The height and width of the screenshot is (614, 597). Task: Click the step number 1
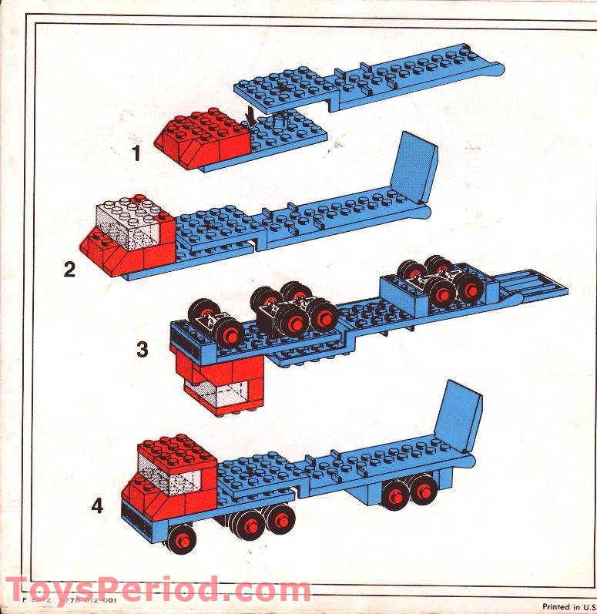pyautogui.click(x=136, y=153)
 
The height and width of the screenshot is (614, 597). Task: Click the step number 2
pyautogui.click(x=71, y=270)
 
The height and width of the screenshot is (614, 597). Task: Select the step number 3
pyautogui.click(x=142, y=349)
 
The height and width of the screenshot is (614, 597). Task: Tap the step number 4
pyautogui.click(x=97, y=506)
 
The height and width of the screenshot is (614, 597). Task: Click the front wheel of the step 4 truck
pyautogui.click(x=182, y=537)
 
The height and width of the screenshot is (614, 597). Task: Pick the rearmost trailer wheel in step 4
pyautogui.click(x=423, y=491)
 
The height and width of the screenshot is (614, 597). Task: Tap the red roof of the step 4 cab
pyautogui.click(x=176, y=448)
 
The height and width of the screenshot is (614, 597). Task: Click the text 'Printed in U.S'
pyautogui.click(x=568, y=606)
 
